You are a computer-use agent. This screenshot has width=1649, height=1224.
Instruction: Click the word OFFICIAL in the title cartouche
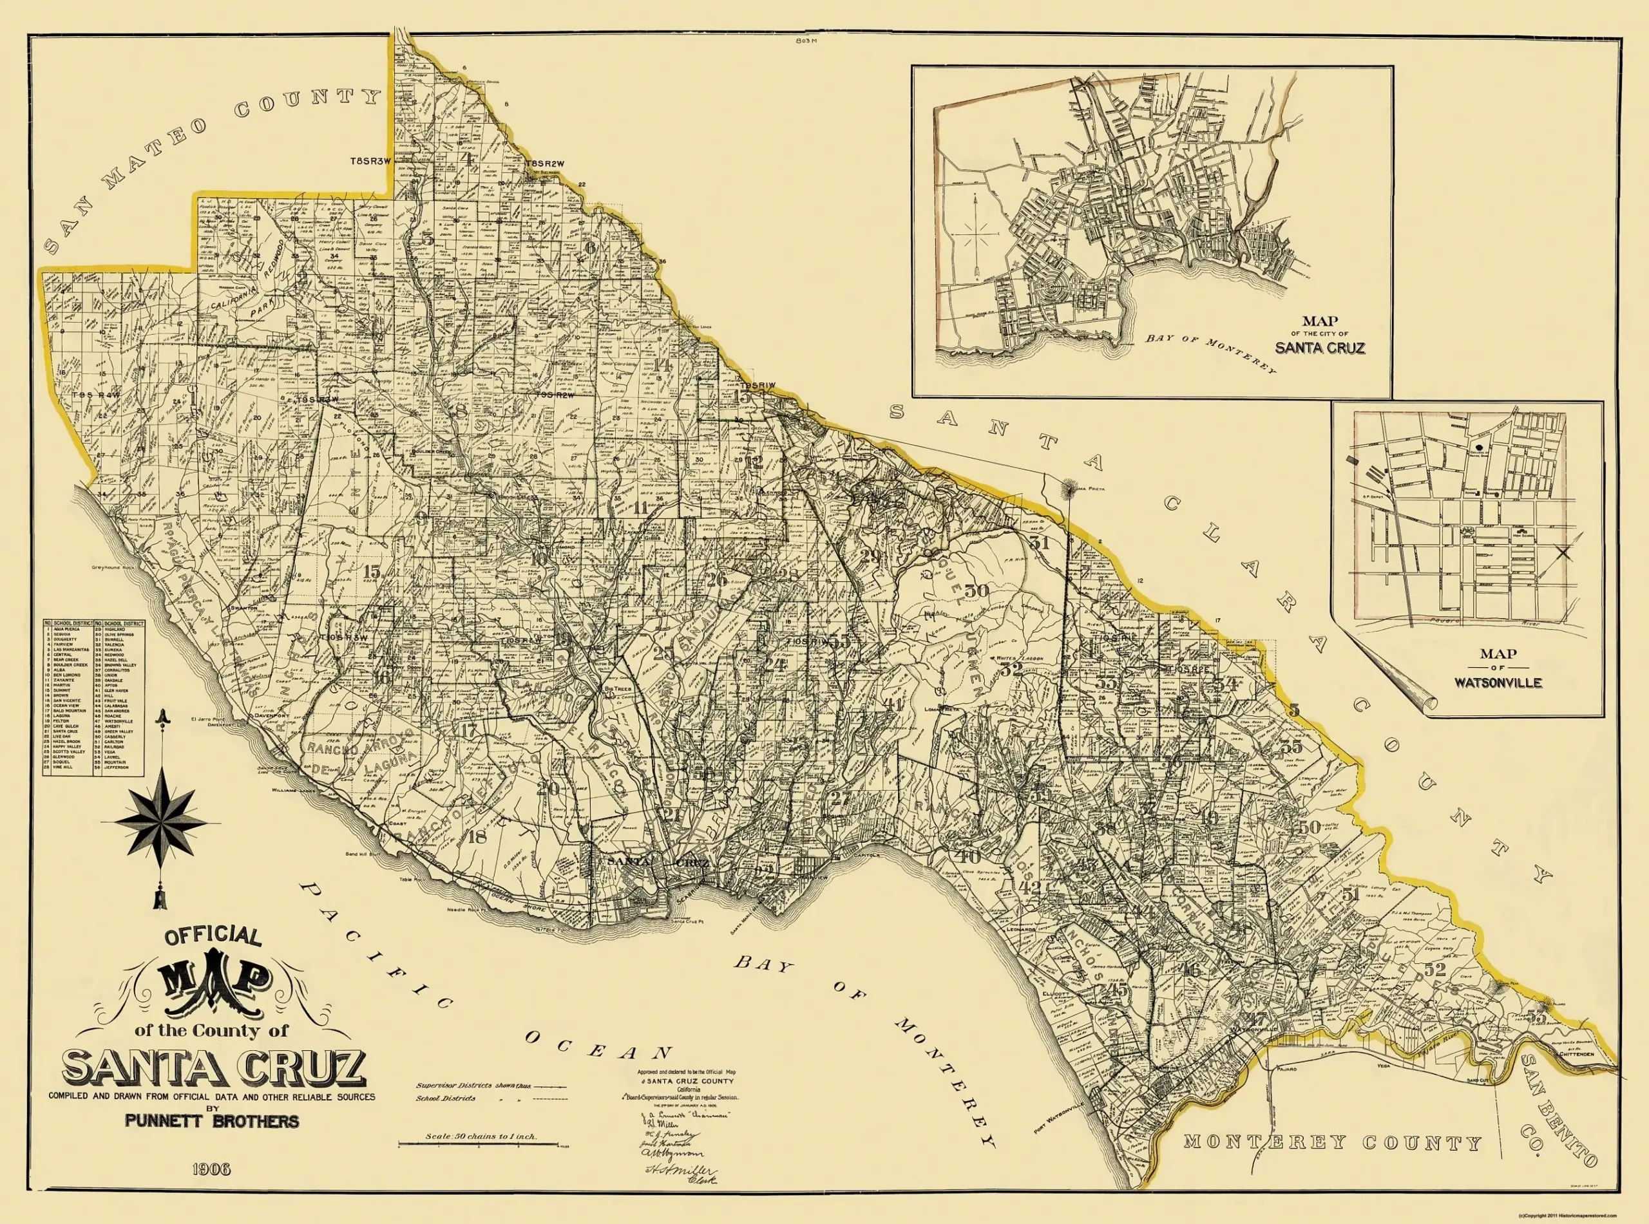[212, 938]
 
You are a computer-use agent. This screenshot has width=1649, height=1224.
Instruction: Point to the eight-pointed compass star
[162, 822]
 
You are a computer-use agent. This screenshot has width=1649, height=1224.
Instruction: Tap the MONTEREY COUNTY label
[1332, 1144]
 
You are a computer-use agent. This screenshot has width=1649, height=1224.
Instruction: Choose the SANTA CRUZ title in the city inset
[1320, 348]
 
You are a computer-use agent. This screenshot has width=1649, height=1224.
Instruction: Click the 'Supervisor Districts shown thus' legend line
[491, 1086]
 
